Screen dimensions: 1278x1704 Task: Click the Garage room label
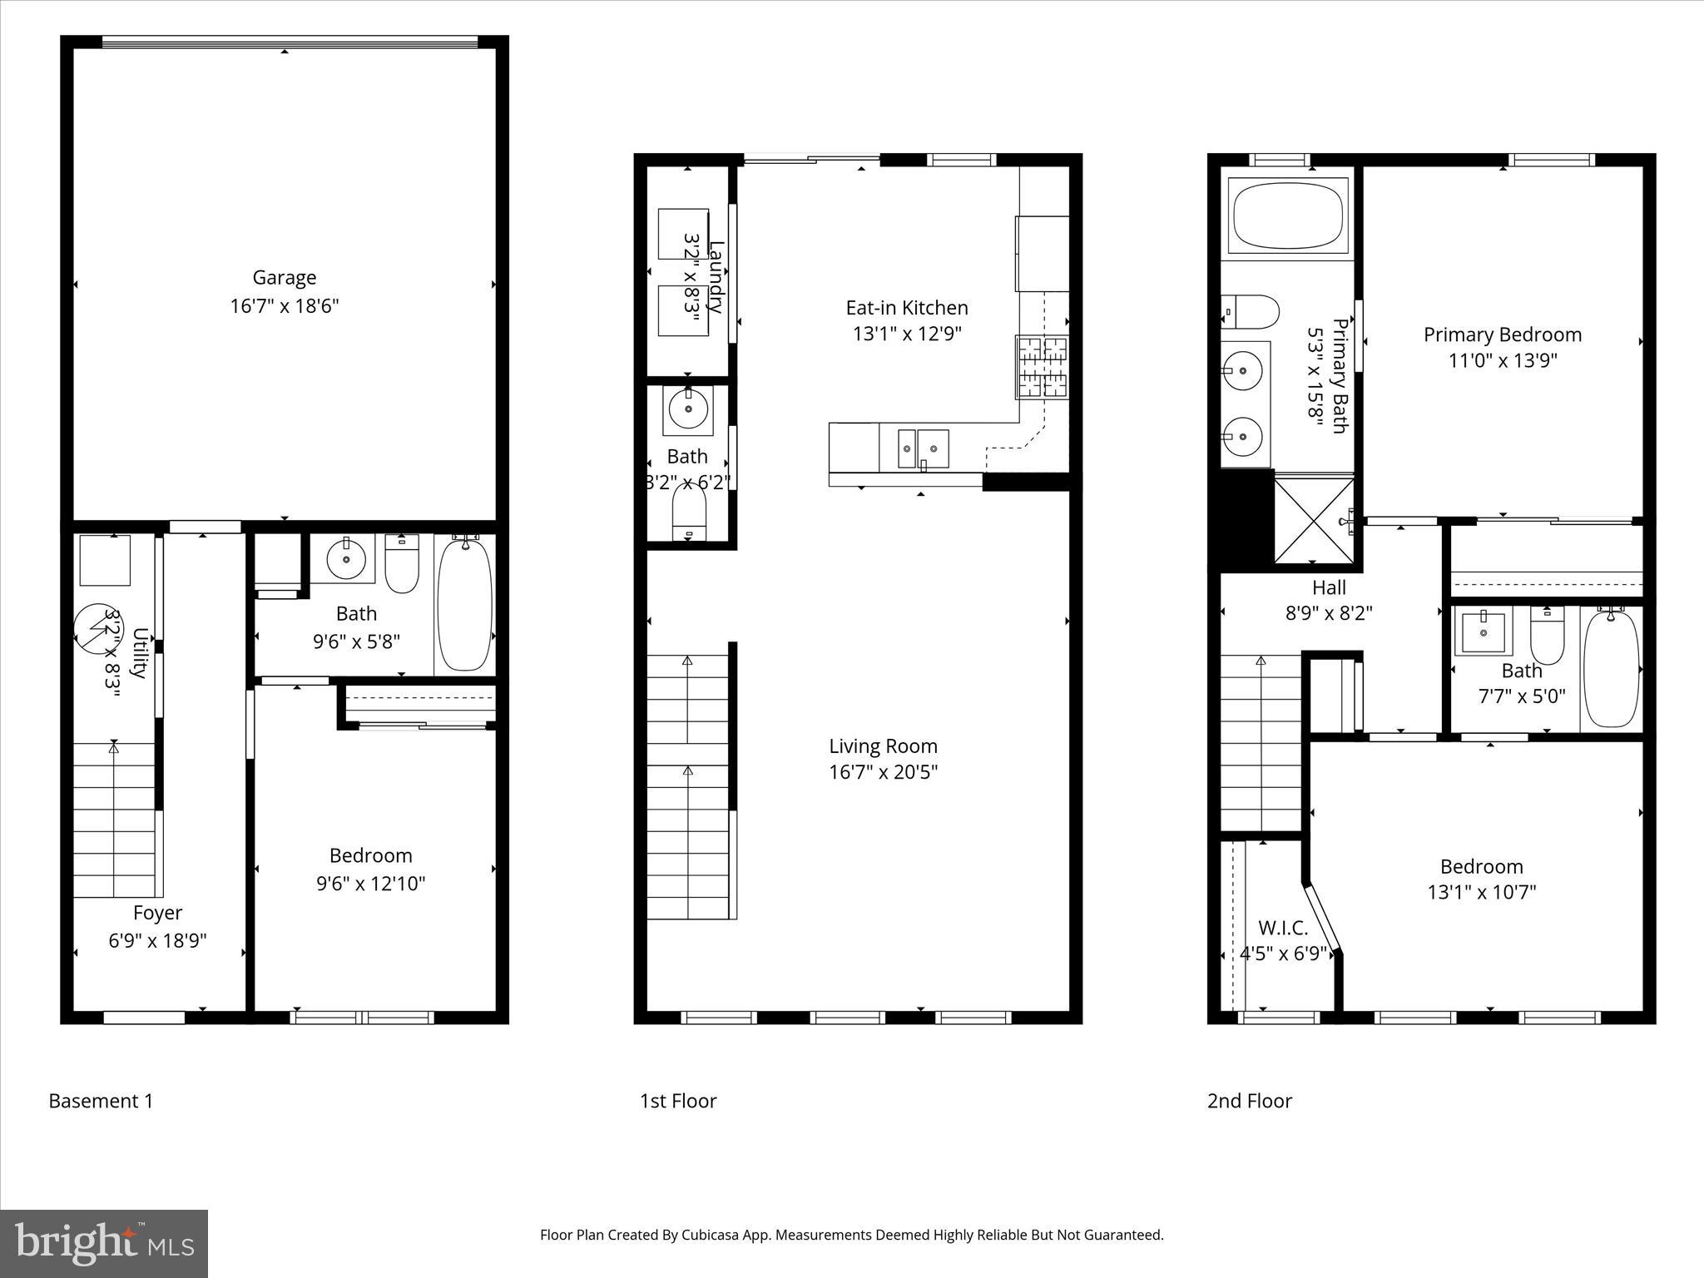tap(285, 277)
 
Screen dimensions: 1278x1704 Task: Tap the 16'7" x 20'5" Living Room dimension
tap(883, 772)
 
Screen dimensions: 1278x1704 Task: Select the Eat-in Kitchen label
tap(907, 308)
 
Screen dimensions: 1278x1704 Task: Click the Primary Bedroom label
tap(1502, 334)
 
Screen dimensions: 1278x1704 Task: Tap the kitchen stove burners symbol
tap(1042, 366)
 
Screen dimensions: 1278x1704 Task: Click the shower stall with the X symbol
tap(1315, 519)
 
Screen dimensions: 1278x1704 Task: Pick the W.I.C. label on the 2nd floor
tap(1283, 928)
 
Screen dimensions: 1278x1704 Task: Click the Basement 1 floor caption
tap(101, 1101)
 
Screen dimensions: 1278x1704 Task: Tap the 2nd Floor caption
tap(1249, 1101)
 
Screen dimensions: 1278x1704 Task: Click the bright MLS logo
tap(103, 1243)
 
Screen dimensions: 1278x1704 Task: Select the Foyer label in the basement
tap(157, 913)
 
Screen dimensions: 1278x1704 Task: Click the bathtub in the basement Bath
tap(465, 604)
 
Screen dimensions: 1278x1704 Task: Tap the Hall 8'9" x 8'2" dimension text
tap(1329, 613)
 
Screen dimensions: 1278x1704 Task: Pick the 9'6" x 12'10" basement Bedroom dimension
tap(370, 883)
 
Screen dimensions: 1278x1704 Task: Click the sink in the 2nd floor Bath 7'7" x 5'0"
tap(1484, 634)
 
